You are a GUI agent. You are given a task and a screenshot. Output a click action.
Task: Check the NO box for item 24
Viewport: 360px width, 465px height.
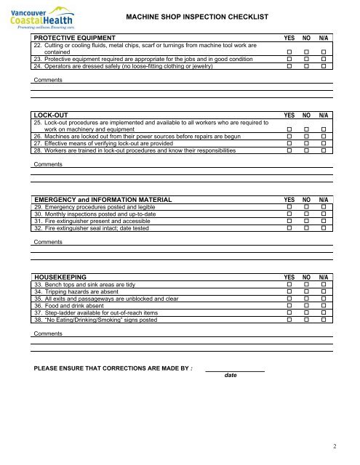(x=307, y=66)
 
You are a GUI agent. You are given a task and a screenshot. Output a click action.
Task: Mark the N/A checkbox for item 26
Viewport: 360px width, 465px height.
(x=324, y=135)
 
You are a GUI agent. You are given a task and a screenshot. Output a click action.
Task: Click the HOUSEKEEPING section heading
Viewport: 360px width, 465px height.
(x=68, y=276)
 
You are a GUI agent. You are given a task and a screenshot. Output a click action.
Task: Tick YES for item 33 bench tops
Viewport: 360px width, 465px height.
(x=289, y=285)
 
